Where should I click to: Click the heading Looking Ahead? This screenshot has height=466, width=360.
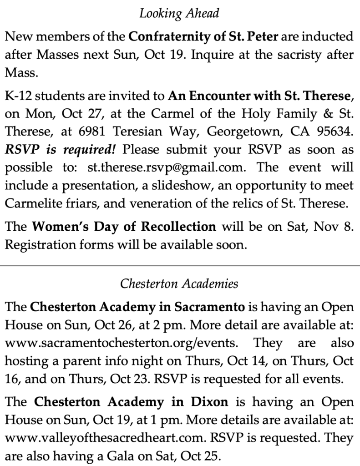pyautogui.click(x=179, y=14)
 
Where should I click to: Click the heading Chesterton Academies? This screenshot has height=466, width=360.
pyautogui.click(x=179, y=284)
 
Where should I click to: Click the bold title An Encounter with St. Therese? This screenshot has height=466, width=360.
pyautogui.click(x=259, y=96)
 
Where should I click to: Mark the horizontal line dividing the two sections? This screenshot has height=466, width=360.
pyautogui.click(x=179, y=263)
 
